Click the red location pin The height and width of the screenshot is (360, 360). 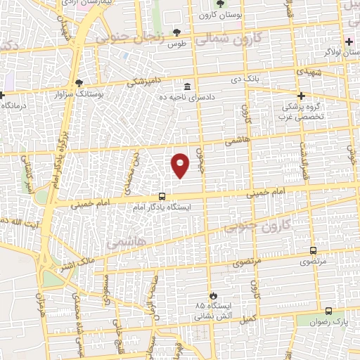pos(180,165)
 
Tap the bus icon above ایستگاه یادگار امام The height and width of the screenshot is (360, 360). pos(162,197)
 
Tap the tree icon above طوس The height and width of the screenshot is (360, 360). pos(176,32)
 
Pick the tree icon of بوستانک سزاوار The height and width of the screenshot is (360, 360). pos(79,83)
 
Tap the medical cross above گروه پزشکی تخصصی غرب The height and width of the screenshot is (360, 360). pos(302,96)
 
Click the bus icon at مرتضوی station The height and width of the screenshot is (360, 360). pos(312,250)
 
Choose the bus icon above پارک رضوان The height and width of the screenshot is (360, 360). pos(328,310)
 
